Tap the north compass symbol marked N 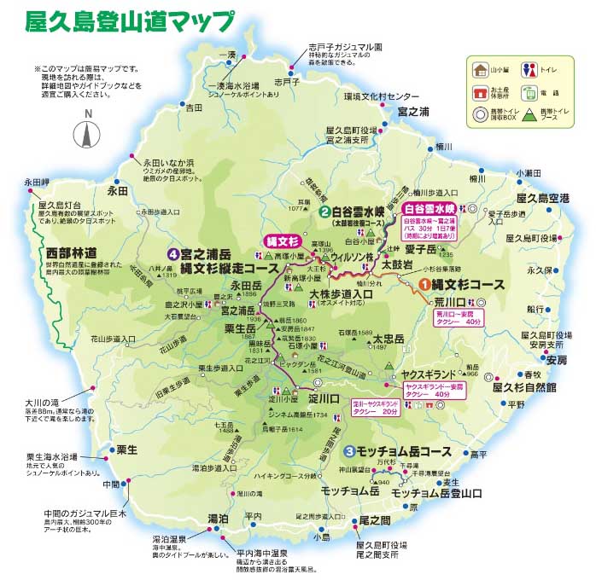pyautogui.click(x=86, y=135)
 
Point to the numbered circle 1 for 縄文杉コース pyautogui.click(x=424, y=284)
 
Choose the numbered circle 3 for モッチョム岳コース pyautogui.click(x=349, y=451)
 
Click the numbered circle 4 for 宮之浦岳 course pyautogui.click(x=173, y=253)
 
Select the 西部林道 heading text pyautogui.click(x=73, y=252)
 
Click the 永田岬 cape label pyautogui.click(x=37, y=182)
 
